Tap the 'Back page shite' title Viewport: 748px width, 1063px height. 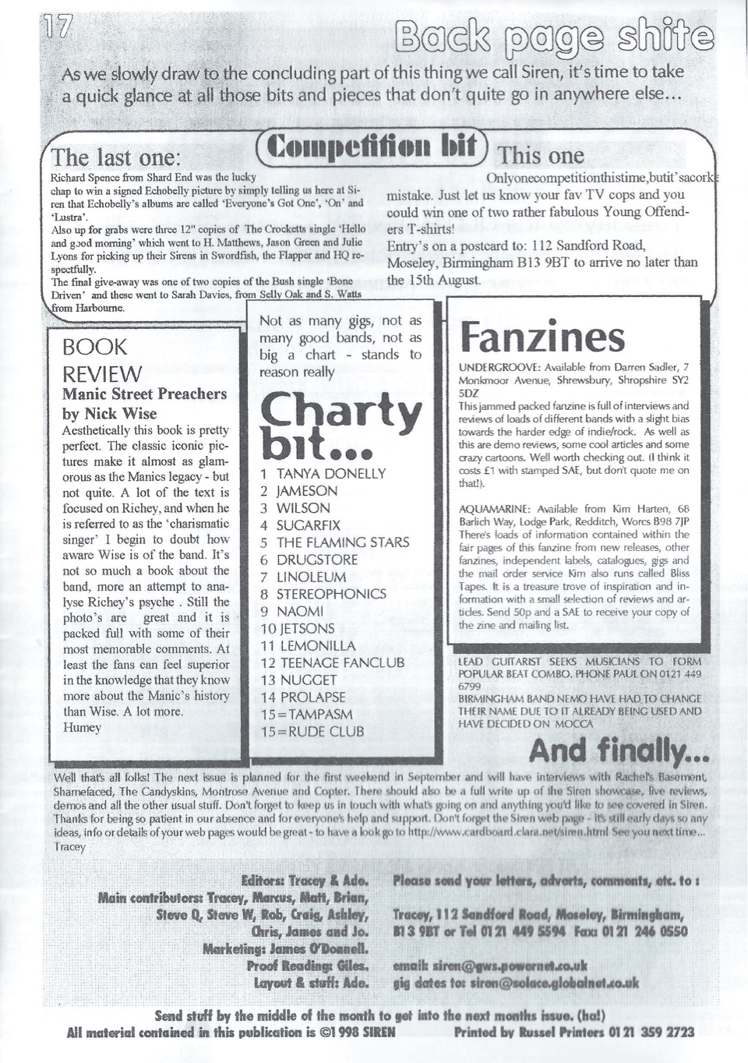click(x=554, y=37)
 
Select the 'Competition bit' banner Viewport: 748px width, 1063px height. click(x=372, y=147)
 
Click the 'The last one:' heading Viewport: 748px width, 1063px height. click(x=115, y=157)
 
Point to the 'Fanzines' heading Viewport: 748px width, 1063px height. click(x=542, y=337)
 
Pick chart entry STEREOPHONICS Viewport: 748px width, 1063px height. click(x=331, y=594)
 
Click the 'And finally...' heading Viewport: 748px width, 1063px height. click(x=619, y=750)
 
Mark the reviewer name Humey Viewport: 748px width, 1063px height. click(x=82, y=727)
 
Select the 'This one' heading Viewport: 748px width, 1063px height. click(x=541, y=156)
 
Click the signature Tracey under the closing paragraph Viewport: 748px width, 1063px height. click(x=70, y=846)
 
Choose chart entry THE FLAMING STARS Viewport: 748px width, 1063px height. click(x=343, y=542)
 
